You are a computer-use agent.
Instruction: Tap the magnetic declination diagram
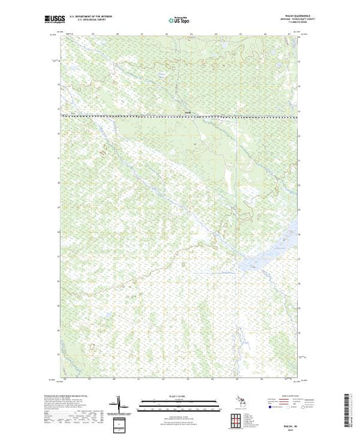pyautogui.click(x=118, y=403)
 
